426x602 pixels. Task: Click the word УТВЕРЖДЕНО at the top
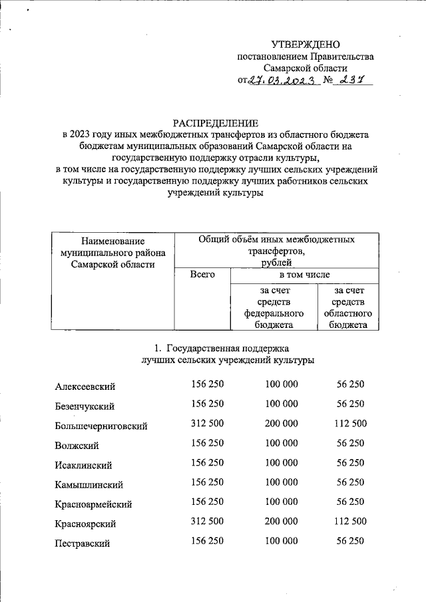point(306,44)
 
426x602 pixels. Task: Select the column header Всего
point(202,274)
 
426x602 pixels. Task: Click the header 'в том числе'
point(304,274)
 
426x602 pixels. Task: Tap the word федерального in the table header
point(274,313)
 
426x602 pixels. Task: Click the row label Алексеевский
point(86,386)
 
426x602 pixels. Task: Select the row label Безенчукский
point(85,406)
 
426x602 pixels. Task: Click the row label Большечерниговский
point(101,426)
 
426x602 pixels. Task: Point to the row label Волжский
point(75,445)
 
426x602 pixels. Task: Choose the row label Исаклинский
point(83,465)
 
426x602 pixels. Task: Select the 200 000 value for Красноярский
point(282,522)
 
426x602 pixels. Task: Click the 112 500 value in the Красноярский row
point(350,522)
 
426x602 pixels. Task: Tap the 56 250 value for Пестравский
point(350,541)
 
